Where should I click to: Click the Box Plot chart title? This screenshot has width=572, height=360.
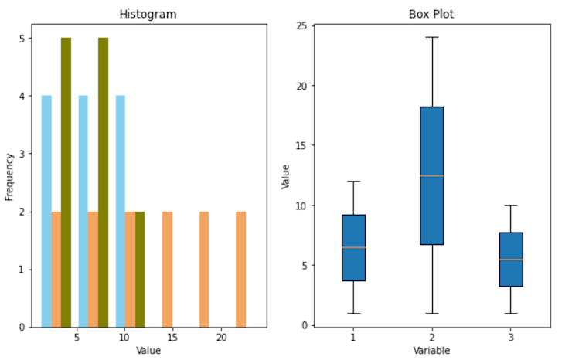[431, 15]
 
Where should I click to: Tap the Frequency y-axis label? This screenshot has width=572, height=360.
[10, 177]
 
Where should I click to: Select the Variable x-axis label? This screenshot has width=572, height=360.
[431, 351]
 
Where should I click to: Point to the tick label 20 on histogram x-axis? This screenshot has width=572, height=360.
[221, 338]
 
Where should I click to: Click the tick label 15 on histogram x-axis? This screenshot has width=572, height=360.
[172, 338]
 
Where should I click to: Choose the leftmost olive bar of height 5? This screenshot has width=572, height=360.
[66, 182]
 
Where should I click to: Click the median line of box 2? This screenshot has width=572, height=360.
[431, 176]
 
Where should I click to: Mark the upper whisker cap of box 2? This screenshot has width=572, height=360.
[431, 38]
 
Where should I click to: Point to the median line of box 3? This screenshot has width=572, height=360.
[510, 260]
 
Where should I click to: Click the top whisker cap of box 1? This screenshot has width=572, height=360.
[353, 182]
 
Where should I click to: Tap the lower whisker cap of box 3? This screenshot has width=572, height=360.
[510, 313]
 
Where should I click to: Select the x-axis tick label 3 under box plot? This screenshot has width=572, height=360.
[510, 338]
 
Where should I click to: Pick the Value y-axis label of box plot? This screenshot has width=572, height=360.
[285, 177]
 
